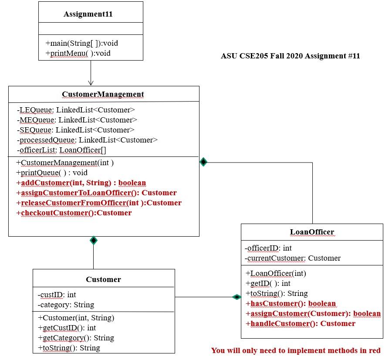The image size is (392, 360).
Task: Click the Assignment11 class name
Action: point(88,14)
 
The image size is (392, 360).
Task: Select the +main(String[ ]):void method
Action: point(81,43)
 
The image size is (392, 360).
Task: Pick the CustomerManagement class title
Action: point(103,94)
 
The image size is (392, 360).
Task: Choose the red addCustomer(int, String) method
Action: point(81,183)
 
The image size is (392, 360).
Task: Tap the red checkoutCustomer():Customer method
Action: point(74,213)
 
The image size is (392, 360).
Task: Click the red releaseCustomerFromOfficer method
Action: point(98,203)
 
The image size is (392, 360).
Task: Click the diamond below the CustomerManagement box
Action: point(93,240)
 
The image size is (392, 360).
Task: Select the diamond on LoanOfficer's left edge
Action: point(237,297)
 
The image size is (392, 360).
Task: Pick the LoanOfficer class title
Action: point(312,232)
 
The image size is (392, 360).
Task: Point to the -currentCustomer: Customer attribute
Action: point(292,258)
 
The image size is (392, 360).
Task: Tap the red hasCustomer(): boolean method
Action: point(291,303)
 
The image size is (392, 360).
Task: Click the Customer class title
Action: point(103,279)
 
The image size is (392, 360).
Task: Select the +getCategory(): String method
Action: point(76,338)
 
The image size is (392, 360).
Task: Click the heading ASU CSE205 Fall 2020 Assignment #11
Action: point(290,56)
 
